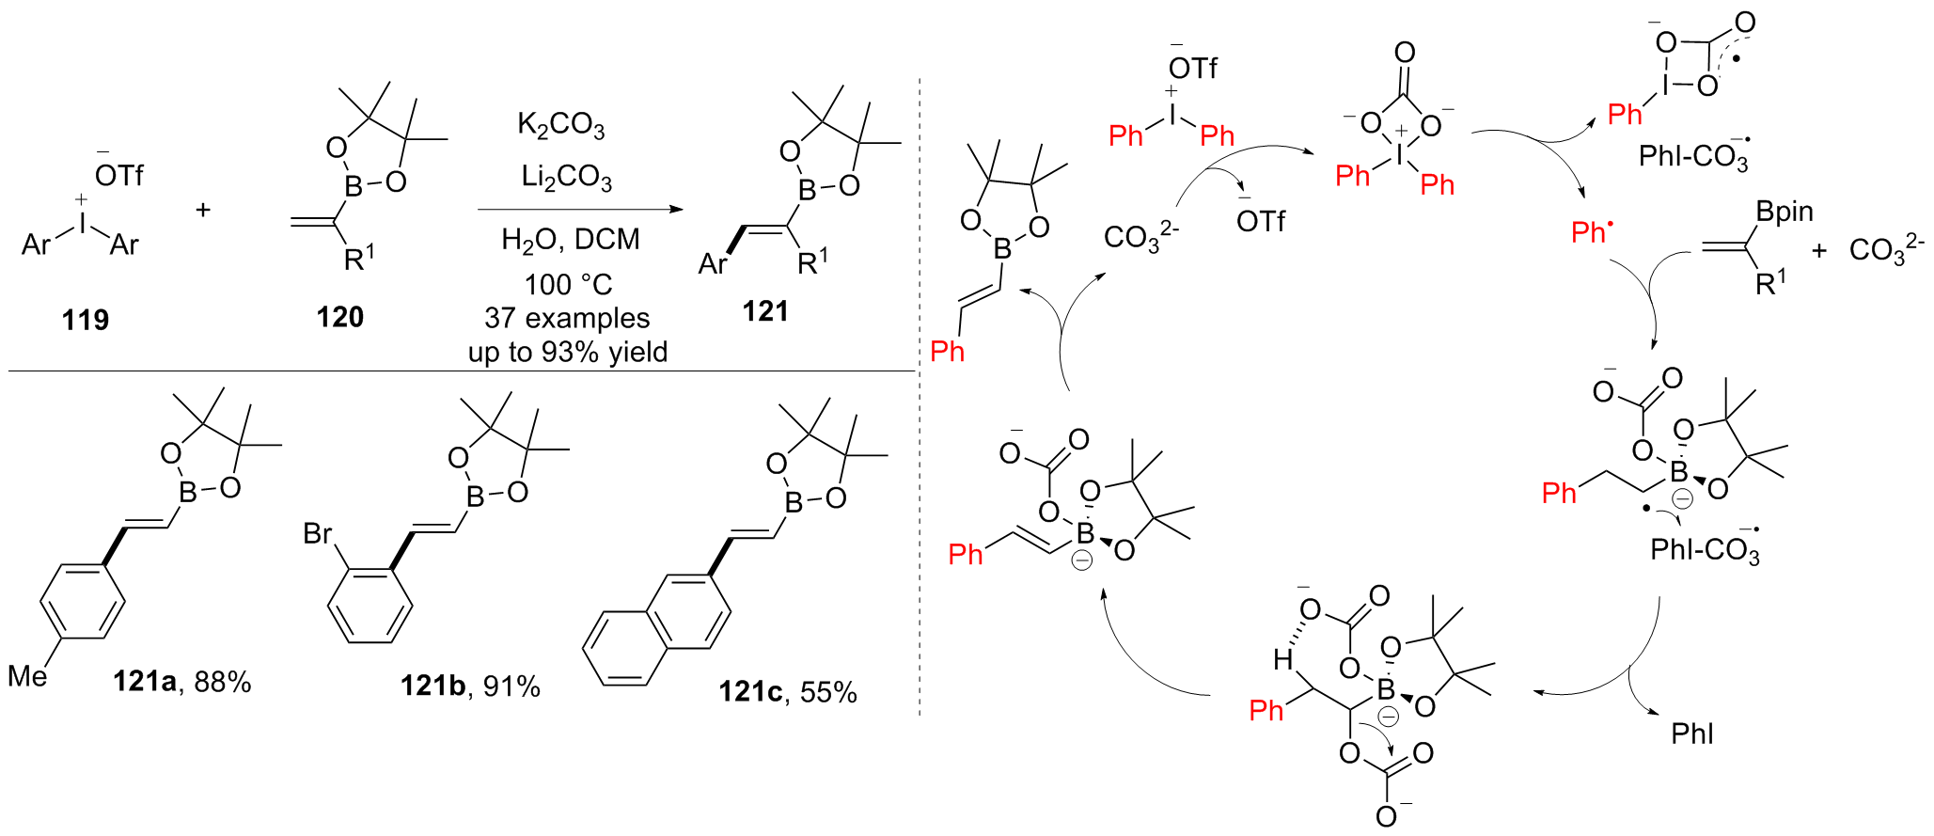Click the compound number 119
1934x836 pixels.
click(86, 321)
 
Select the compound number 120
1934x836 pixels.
click(339, 318)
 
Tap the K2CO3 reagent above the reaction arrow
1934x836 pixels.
click(560, 126)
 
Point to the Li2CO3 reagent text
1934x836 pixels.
click(566, 177)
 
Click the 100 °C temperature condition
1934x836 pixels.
click(568, 284)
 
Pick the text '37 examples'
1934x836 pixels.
click(567, 318)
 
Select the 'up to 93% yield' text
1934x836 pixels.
click(568, 353)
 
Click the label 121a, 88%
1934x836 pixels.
click(182, 682)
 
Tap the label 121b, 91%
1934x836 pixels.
click(470, 686)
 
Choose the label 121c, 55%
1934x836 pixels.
click(788, 693)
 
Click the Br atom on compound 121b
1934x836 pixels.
click(318, 534)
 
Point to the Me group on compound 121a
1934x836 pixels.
click(27, 676)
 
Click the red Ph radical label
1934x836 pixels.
click(1591, 232)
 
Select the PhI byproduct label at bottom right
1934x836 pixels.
click(1692, 734)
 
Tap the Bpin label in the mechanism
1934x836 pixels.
click(1785, 213)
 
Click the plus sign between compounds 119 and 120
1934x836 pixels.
click(203, 210)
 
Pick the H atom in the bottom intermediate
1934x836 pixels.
click(1282, 661)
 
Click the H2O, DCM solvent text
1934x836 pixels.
click(570, 241)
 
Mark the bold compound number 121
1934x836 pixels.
click(765, 312)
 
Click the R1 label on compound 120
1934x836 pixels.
click(358, 259)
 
